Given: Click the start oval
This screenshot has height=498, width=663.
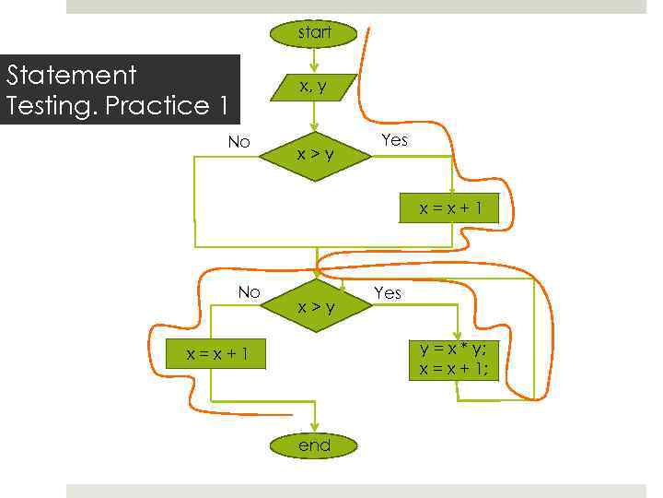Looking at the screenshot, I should point(315,33).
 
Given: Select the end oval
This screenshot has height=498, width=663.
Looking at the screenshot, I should point(314,445).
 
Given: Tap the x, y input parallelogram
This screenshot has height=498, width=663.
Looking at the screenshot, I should point(314,87).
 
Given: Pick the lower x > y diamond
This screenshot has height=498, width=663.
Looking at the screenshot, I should point(315,306).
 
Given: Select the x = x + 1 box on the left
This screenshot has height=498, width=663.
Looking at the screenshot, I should point(216,354).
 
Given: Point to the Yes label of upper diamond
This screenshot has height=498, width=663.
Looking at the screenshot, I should point(394,140).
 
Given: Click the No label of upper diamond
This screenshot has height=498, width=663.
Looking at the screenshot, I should point(239,142).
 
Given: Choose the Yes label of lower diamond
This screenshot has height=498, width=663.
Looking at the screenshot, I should point(388,292).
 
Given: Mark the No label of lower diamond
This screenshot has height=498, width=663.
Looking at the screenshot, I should point(249,292).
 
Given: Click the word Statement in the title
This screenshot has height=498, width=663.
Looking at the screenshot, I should point(71,75).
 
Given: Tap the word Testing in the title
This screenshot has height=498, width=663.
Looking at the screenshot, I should point(51,106).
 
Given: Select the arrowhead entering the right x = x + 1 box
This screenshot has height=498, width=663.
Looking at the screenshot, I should point(452,189).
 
